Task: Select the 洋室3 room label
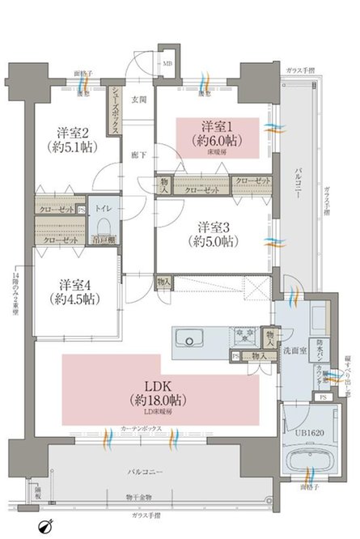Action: (x=214, y=229)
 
